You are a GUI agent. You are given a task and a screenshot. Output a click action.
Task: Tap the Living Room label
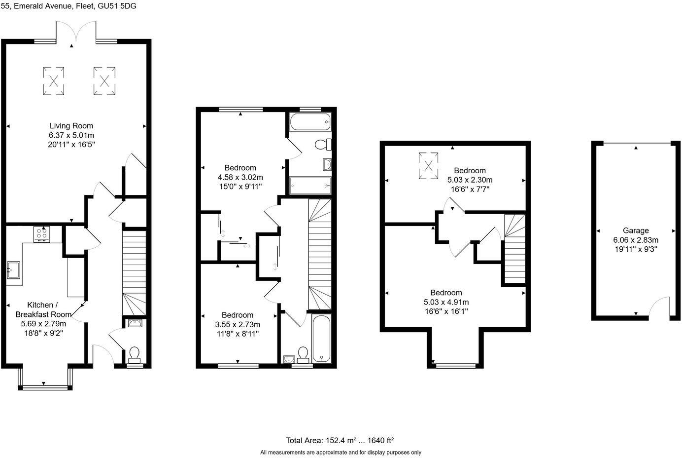(71, 126)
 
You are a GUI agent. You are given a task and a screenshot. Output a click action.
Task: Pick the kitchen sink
(13, 270)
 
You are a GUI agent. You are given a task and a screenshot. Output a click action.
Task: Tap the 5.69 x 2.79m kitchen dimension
(43, 324)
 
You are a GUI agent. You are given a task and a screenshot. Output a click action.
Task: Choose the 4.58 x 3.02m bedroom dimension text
(240, 177)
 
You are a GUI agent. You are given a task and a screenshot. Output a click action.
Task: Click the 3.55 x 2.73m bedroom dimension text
(238, 324)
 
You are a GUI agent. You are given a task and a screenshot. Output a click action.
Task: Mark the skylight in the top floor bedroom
(428, 165)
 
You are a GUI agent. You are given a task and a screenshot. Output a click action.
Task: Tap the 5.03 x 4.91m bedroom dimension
(446, 302)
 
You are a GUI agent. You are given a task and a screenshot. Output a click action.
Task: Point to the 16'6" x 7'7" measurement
(470, 189)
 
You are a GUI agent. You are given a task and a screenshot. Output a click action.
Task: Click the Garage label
(636, 230)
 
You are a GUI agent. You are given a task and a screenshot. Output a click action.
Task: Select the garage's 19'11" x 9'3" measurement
(636, 249)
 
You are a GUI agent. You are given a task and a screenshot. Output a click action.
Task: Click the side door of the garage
(659, 307)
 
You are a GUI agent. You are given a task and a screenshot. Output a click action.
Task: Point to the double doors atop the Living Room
(72, 31)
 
